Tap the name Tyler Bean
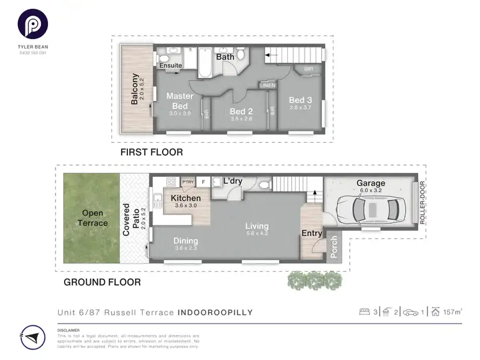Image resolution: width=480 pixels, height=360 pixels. [x=32, y=46]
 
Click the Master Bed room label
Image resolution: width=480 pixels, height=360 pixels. [x=180, y=101]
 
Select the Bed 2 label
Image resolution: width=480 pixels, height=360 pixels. [x=241, y=111]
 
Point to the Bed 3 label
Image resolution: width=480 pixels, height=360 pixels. [x=300, y=100]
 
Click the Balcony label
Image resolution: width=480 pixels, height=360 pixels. [x=134, y=90]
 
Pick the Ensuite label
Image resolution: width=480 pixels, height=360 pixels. [x=171, y=65]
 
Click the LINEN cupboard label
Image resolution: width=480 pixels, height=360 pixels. [x=267, y=85]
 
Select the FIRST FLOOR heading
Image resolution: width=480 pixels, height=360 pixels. [x=152, y=152]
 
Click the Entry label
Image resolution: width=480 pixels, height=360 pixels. [x=312, y=233]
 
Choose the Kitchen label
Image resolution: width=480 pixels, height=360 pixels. [x=186, y=199]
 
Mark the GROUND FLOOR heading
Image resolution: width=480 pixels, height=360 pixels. [x=102, y=281]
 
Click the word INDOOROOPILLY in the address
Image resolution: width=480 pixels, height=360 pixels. [x=214, y=313]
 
